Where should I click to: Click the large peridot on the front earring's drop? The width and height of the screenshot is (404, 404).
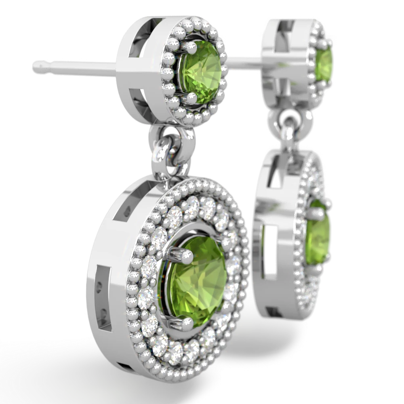click(x=197, y=275)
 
